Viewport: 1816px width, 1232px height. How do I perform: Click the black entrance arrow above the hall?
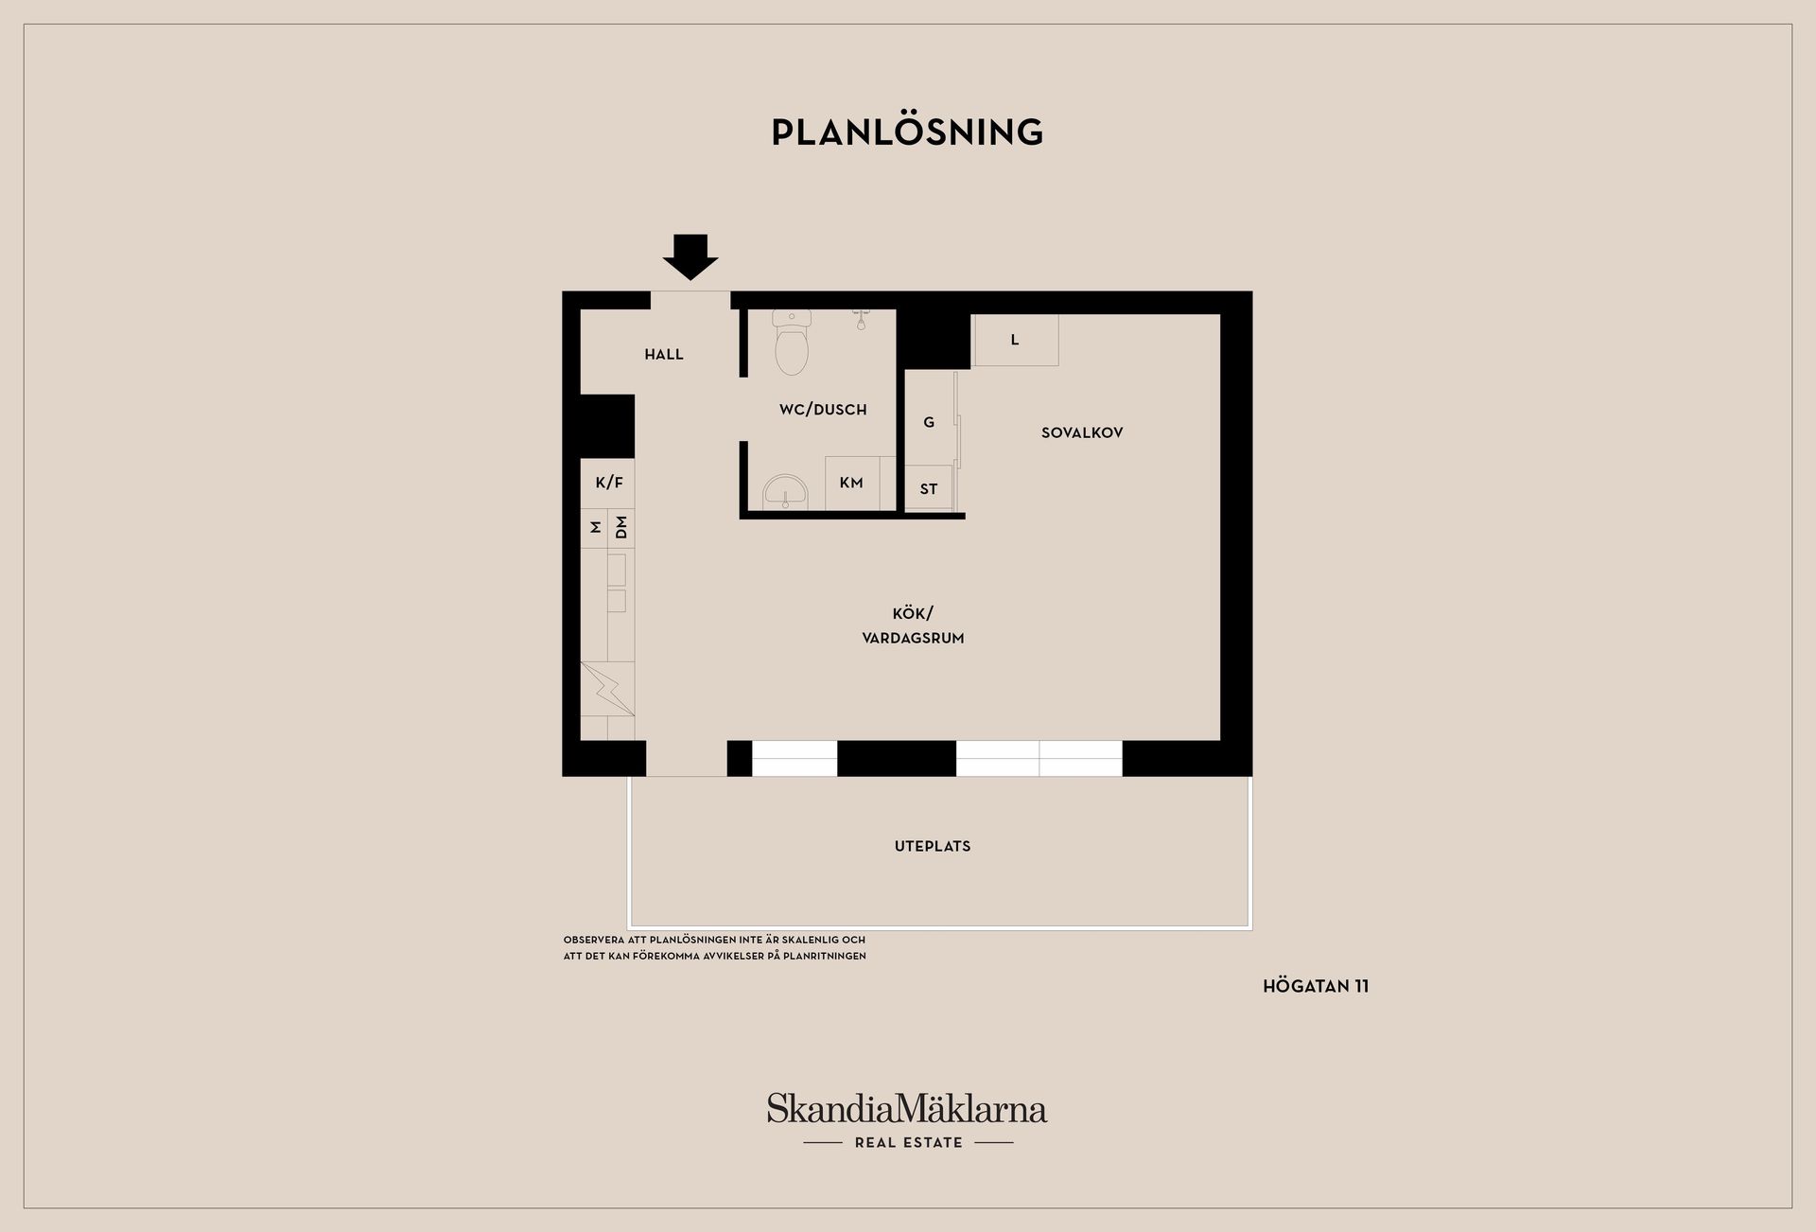pyautogui.click(x=690, y=256)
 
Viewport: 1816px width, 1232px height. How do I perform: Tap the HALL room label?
pyautogui.click(x=664, y=355)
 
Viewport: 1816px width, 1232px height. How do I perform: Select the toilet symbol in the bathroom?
pyautogui.click(x=792, y=342)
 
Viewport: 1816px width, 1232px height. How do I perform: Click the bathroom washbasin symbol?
pyautogui.click(x=785, y=492)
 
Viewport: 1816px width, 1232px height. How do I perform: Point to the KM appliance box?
pyautogui.click(x=851, y=484)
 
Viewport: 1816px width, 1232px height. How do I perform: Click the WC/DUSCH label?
pyautogui.click(x=823, y=410)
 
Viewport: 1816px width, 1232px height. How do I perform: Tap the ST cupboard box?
pyautogui.click(x=929, y=488)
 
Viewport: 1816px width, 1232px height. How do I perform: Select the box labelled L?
pyautogui.click(x=1015, y=340)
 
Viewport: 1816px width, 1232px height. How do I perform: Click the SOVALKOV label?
pyautogui.click(x=1082, y=433)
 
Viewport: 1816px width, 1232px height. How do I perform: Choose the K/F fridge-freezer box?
pyautogui.click(x=607, y=484)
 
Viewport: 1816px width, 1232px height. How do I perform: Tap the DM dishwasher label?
pyautogui.click(x=620, y=527)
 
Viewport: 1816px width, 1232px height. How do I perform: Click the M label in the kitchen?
pyautogui.click(x=595, y=527)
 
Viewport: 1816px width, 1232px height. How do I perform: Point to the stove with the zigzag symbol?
pyautogui.click(x=607, y=689)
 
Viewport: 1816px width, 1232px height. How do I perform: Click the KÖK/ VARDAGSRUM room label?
pyautogui.click(x=913, y=625)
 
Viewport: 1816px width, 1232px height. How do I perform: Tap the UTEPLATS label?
pyautogui.click(x=933, y=846)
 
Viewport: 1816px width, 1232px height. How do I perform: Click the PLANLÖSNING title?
pyautogui.click(x=907, y=132)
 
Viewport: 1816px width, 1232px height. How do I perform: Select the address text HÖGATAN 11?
pyautogui.click(x=1316, y=986)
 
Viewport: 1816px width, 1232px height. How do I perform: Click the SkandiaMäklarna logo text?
pyautogui.click(x=907, y=1108)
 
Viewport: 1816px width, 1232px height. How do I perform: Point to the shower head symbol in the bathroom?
pyautogui.click(x=861, y=318)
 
